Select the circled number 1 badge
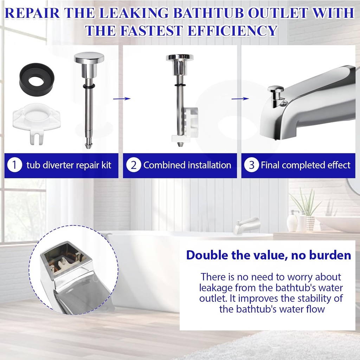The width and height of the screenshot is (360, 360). pyautogui.click(x=14, y=165)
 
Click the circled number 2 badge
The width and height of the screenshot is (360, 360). pyautogui.click(x=133, y=165)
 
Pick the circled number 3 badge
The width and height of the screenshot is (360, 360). pyautogui.click(x=251, y=165)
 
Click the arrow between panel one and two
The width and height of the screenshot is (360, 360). pyautogui.click(x=122, y=99)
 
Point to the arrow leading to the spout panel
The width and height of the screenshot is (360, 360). pyautogui.click(x=240, y=99)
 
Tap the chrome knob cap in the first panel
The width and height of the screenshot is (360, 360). pyautogui.click(x=89, y=58)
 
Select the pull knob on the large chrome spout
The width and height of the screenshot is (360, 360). pyautogui.click(x=276, y=90)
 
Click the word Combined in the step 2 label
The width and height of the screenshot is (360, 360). pyautogui.click(x=165, y=165)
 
